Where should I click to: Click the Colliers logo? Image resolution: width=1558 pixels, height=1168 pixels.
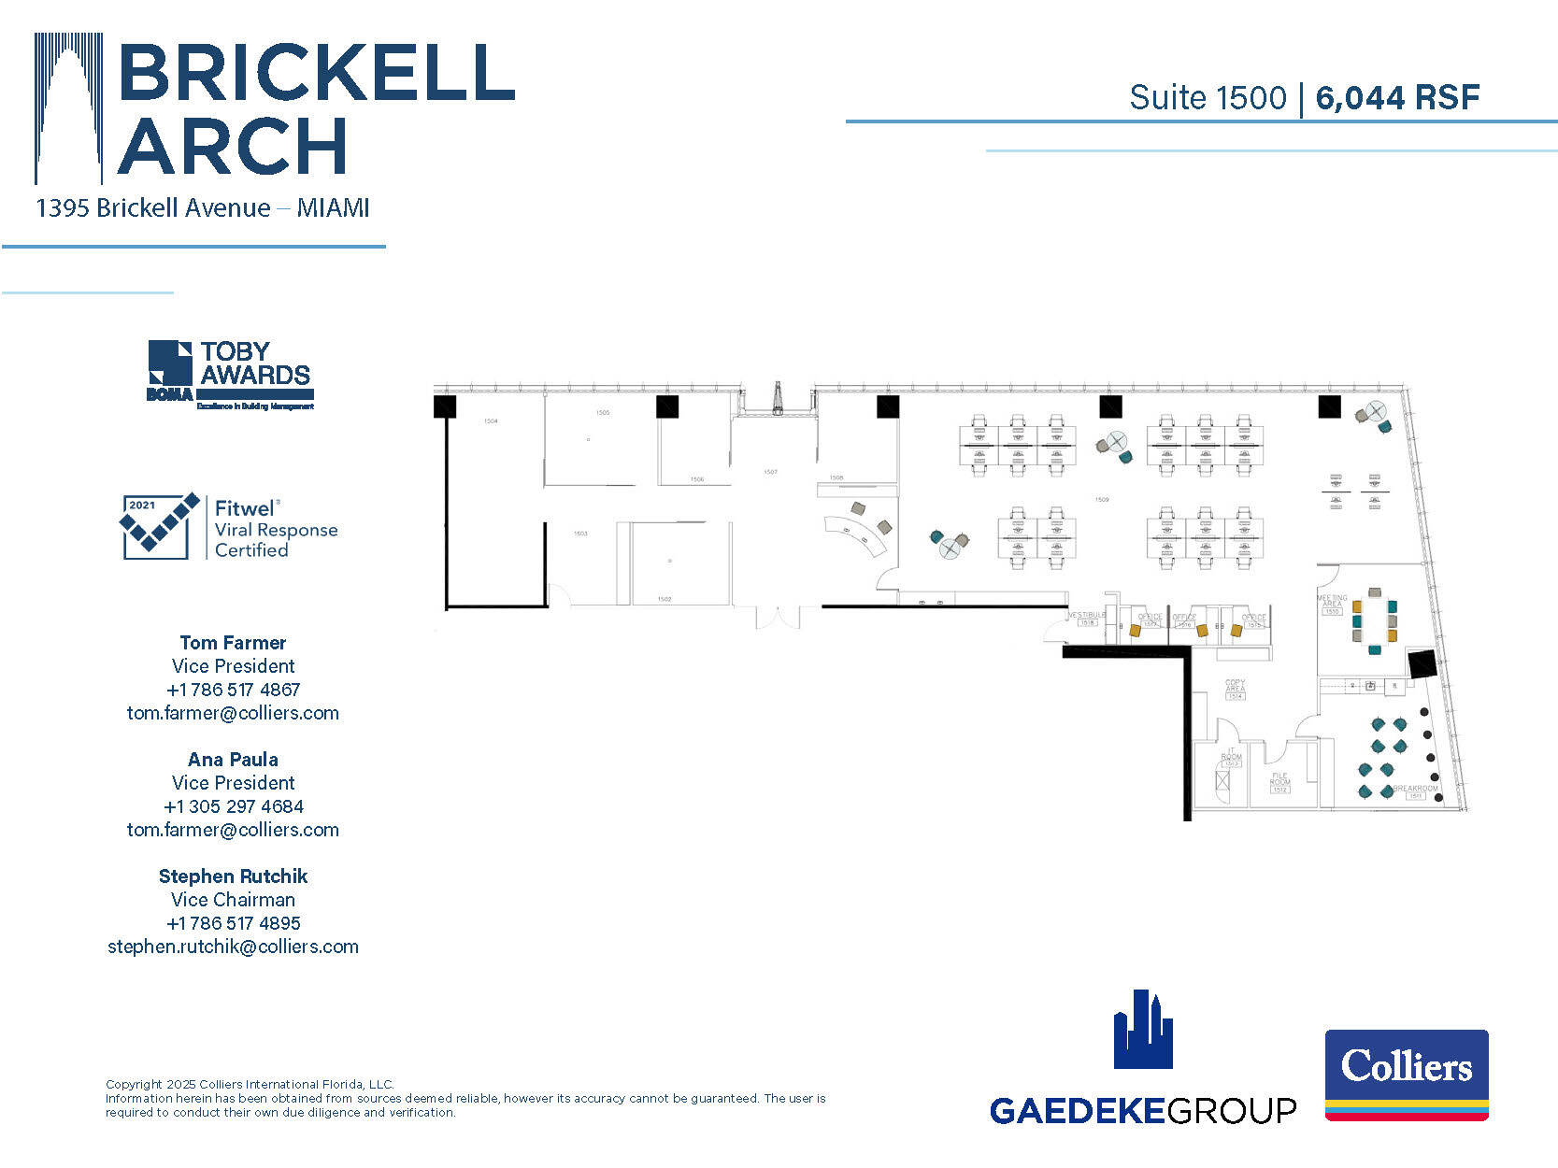(1406, 1075)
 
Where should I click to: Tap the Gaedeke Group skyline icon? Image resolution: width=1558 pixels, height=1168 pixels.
(1142, 1030)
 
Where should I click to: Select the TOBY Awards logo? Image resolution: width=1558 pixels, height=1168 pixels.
(230, 375)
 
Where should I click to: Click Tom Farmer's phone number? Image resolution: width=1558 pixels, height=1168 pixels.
(233, 690)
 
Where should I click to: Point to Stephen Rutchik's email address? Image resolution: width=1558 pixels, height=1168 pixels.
(233, 947)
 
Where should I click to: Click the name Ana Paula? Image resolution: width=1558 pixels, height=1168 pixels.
(233, 760)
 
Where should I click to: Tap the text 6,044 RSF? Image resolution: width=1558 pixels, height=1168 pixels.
(1397, 97)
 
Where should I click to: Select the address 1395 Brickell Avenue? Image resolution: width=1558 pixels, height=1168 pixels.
(153, 207)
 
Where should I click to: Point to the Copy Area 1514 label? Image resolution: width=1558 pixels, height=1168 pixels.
(1236, 690)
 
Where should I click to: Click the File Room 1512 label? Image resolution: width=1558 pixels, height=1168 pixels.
(1279, 782)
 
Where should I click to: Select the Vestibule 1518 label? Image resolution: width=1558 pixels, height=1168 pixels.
(1086, 618)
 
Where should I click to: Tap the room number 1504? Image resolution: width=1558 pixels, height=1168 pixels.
(491, 421)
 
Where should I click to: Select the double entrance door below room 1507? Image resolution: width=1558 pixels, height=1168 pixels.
(778, 617)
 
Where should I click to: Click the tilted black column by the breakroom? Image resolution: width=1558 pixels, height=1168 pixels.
(1422, 664)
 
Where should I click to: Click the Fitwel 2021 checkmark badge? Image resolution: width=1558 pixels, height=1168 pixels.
(160, 526)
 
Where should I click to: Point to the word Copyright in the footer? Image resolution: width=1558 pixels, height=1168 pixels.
(134, 1085)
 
